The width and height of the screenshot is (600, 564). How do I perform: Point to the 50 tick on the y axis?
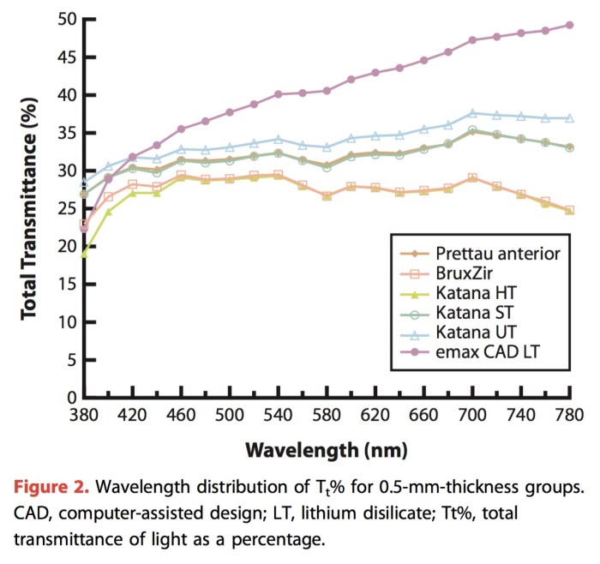[x=64, y=20]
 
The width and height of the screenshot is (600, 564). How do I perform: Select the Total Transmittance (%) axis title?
[x=31, y=208]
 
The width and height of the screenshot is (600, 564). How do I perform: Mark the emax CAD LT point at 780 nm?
[x=569, y=25]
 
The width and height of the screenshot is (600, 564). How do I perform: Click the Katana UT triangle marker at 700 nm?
[x=472, y=112]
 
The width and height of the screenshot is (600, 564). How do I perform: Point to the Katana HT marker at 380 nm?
[x=84, y=254]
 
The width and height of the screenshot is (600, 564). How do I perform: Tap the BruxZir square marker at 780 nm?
[x=569, y=210]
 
